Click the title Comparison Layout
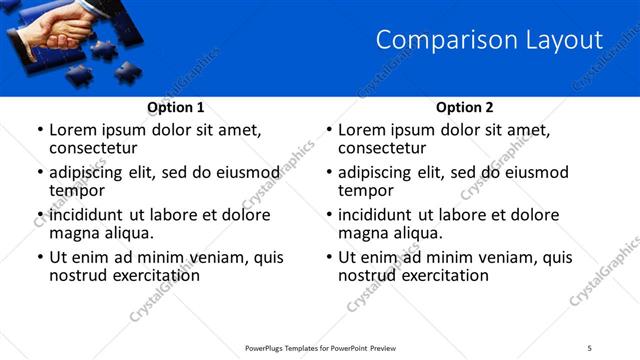click(x=489, y=40)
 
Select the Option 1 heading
click(x=176, y=107)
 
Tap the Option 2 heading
click(x=464, y=107)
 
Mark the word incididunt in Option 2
click(x=380, y=215)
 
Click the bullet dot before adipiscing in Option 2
click(x=329, y=173)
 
